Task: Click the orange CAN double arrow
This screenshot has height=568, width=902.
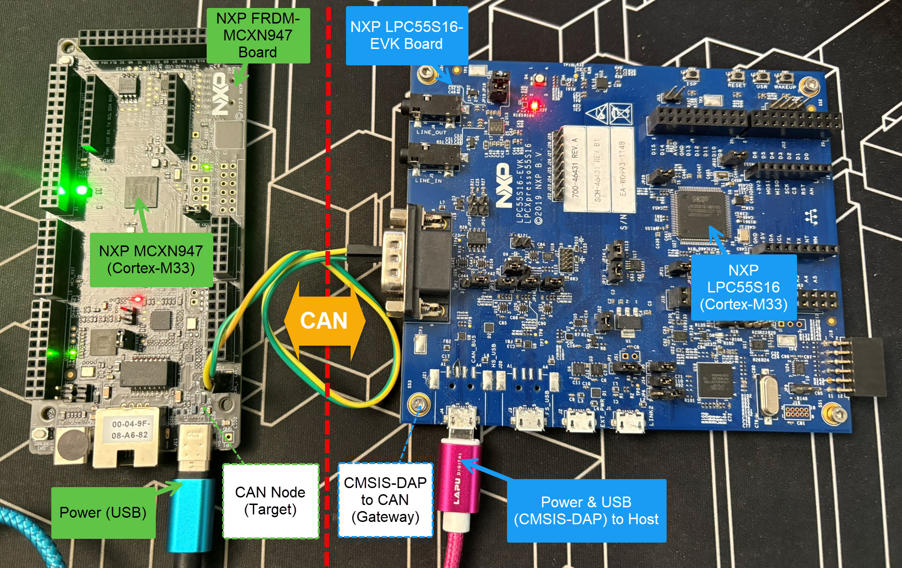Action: pyautogui.click(x=324, y=321)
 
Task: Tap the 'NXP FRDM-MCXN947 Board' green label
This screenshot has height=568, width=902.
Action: pyautogui.click(x=258, y=35)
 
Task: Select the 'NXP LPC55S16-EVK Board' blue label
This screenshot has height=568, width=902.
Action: pyautogui.click(x=407, y=35)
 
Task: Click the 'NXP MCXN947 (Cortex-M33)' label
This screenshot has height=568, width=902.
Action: pyautogui.click(x=151, y=260)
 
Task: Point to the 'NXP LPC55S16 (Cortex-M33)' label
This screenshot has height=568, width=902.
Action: pyautogui.click(x=743, y=287)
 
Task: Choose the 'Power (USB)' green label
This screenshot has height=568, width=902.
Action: pyautogui.click(x=103, y=513)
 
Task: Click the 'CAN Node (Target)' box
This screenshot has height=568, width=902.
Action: pyautogui.click(x=270, y=501)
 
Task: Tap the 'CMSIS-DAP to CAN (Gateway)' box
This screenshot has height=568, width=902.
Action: pyautogui.click(x=385, y=500)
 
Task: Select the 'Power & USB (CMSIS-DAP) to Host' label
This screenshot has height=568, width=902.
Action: pyautogui.click(x=586, y=511)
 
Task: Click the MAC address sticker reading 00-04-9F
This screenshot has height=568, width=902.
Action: pyautogui.click(x=129, y=429)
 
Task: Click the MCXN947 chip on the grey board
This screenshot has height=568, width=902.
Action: pyautogui.click(x=140, y=191)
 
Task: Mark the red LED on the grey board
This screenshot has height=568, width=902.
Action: pyautogui.click(x=137, y=299)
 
